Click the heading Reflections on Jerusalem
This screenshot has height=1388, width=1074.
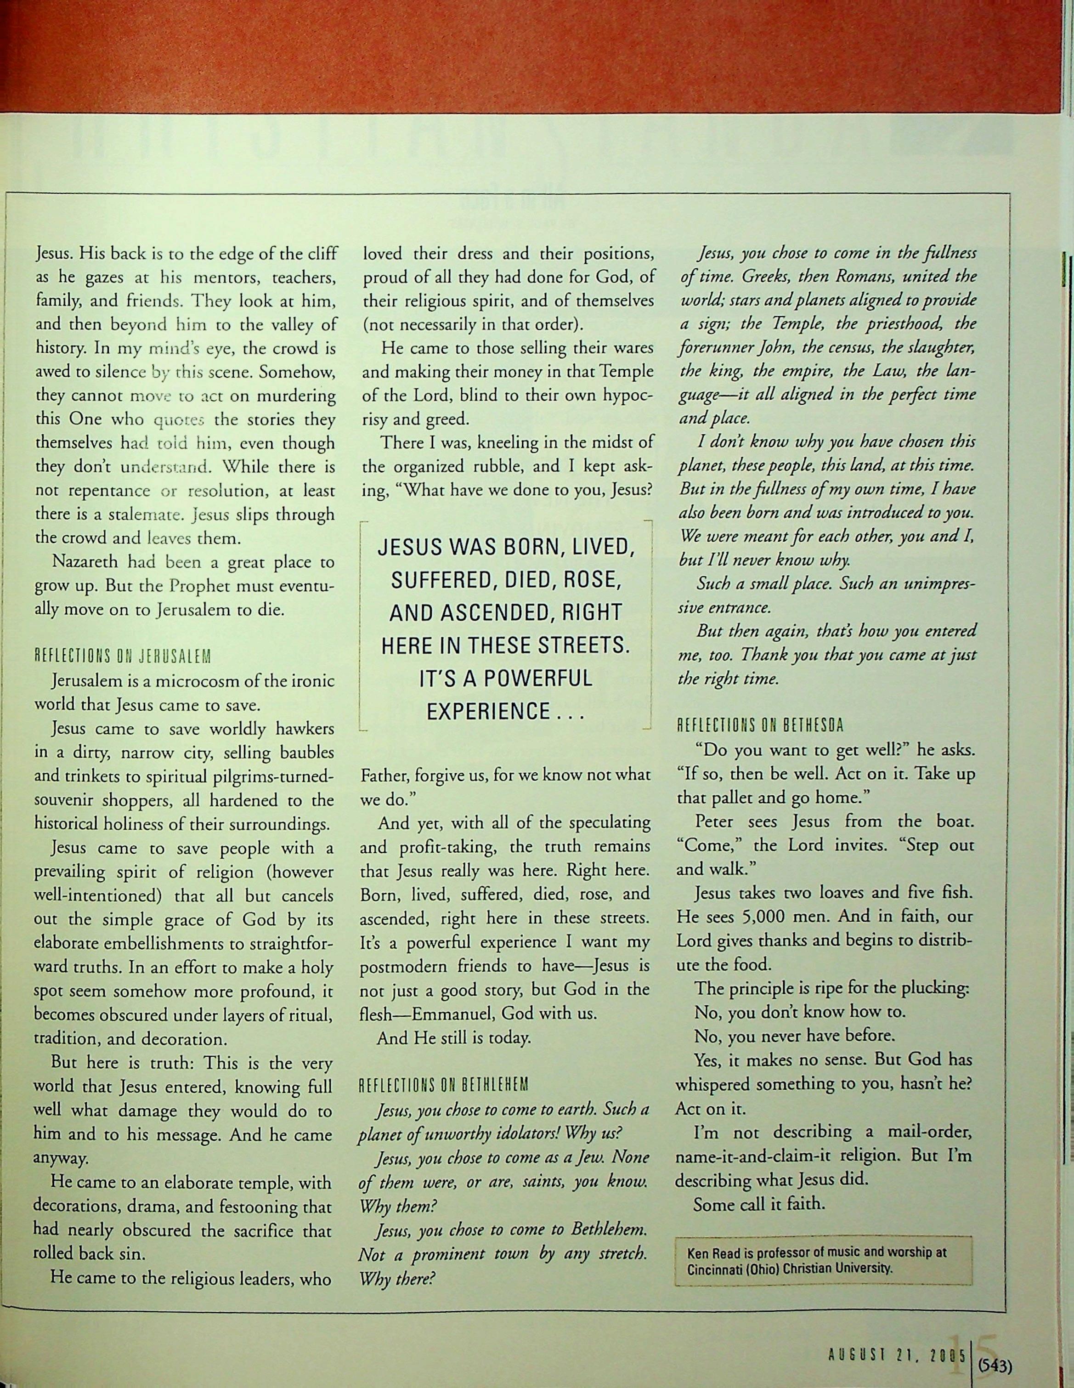coord(122,657)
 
